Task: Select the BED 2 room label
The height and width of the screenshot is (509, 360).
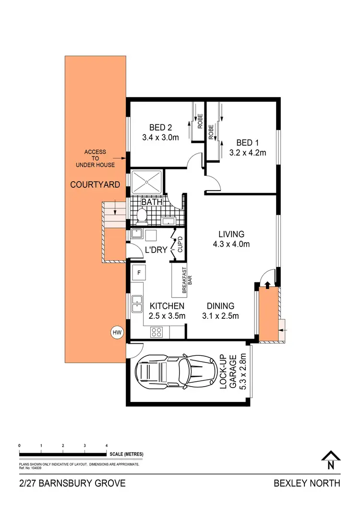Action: click(x=160, y=128)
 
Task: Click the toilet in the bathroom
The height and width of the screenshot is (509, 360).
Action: click(x=142, y=217)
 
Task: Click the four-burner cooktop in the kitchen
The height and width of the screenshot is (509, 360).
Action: click(x=157, y=332)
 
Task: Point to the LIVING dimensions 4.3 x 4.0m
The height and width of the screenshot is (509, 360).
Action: click(x=231, y=244)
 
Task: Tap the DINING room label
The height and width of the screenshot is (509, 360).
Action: click(x=220, y=306)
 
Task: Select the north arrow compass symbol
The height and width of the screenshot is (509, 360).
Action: click(x=330, y=460)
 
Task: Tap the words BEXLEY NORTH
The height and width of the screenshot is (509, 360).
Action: click(x=307, y=483)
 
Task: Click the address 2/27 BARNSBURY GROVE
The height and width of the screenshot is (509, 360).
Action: click(x=72, y=483)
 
